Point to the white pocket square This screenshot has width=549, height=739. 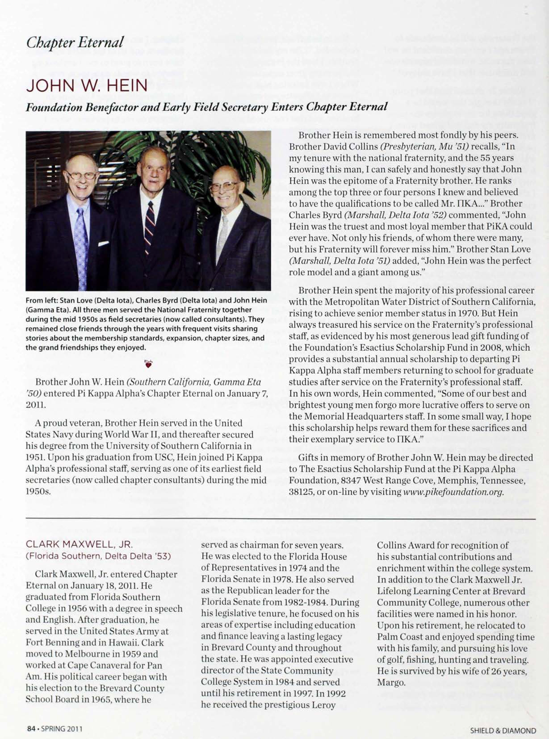103,244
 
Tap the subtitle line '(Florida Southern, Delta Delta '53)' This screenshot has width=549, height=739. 98,556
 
